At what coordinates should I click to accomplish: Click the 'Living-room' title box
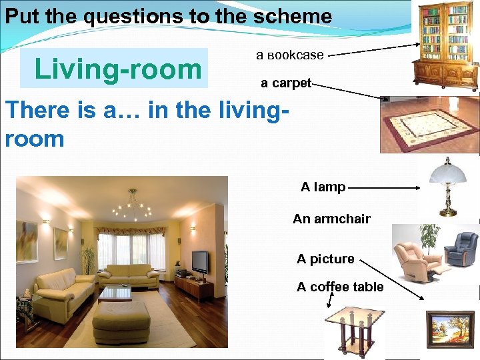114,69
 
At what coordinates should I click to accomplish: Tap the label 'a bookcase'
290,55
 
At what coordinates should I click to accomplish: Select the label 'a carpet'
286,83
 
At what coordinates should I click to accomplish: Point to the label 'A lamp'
323,187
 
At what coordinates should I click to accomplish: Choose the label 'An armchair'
331,219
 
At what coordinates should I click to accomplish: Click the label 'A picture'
325,259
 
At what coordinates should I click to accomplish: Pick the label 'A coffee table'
340,287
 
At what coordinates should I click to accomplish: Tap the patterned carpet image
430,125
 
